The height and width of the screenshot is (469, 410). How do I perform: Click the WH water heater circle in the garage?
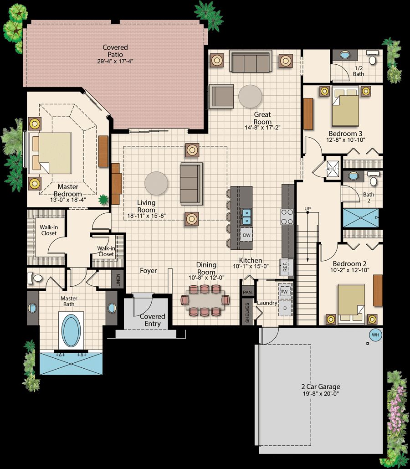pos(375,335)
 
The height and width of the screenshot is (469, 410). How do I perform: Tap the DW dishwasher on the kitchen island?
pos(246,235)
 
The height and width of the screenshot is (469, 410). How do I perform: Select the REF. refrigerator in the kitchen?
pos(286,267)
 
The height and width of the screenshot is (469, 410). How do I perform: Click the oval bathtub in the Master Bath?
pos(71,330)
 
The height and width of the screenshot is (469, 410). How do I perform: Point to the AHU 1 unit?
pos(333,169)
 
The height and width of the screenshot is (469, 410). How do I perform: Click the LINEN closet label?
pos(118,280)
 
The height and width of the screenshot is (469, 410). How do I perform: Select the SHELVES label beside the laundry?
pos(247,313)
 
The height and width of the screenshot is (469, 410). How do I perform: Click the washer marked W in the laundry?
pos(285,291)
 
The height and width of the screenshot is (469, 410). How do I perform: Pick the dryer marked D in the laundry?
pos(285,308)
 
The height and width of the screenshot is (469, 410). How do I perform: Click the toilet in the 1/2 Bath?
pos(373,59)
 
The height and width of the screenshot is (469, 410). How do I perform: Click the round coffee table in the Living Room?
pos(156,183)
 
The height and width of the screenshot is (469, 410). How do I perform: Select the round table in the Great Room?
pos(250,96)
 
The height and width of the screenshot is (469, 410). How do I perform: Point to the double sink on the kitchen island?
pos(246,216)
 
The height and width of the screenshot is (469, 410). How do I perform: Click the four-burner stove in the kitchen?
pos(287,216)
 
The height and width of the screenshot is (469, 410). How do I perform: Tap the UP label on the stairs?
pos(307,208)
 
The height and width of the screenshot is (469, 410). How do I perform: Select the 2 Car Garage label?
pos(321,387)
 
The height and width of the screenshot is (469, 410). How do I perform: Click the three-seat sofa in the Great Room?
pos(251,62)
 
